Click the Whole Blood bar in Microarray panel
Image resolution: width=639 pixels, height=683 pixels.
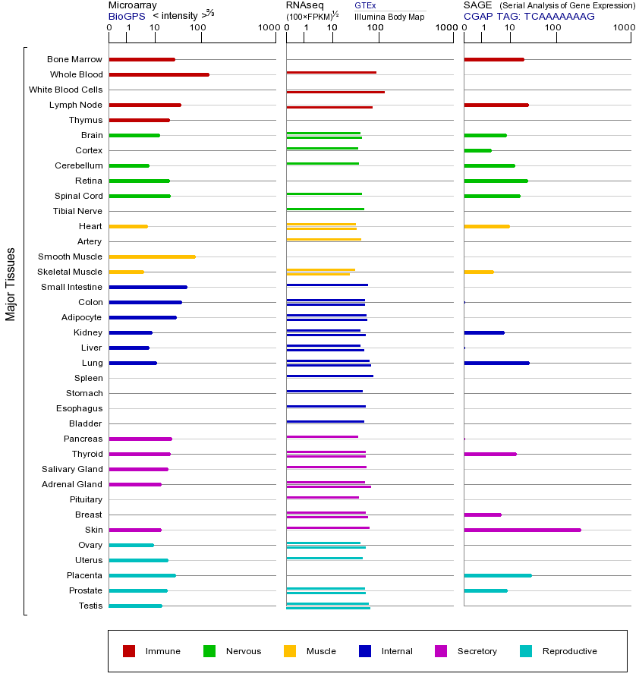click(159, 74)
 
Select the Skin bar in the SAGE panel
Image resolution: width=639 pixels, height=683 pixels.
click(522, 530)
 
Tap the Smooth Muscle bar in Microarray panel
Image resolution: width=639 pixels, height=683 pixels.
click(152, 257)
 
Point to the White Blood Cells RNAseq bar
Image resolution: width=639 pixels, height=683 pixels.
click(335, 92)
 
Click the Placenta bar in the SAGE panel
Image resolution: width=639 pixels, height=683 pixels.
click(497, 575)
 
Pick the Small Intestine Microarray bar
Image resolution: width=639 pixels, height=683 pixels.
click(148, 287)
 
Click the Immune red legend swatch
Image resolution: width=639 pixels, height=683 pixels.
click(129, 651)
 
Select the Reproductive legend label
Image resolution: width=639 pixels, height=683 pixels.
click(569, 651)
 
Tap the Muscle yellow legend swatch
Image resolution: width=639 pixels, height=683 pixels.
click(290, 651)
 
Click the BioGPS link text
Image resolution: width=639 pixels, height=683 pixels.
click(126, 15)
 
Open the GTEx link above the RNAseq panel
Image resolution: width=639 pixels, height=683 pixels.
click(365, 5)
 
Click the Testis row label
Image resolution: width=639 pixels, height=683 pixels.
click(90, 606)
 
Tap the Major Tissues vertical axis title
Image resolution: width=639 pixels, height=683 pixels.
click(11, 284)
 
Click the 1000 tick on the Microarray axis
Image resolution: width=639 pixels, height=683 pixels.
click(268, 28)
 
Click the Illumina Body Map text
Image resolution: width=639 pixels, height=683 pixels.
click(390, 16)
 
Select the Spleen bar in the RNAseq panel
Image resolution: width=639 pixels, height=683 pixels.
click(329, 376)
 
